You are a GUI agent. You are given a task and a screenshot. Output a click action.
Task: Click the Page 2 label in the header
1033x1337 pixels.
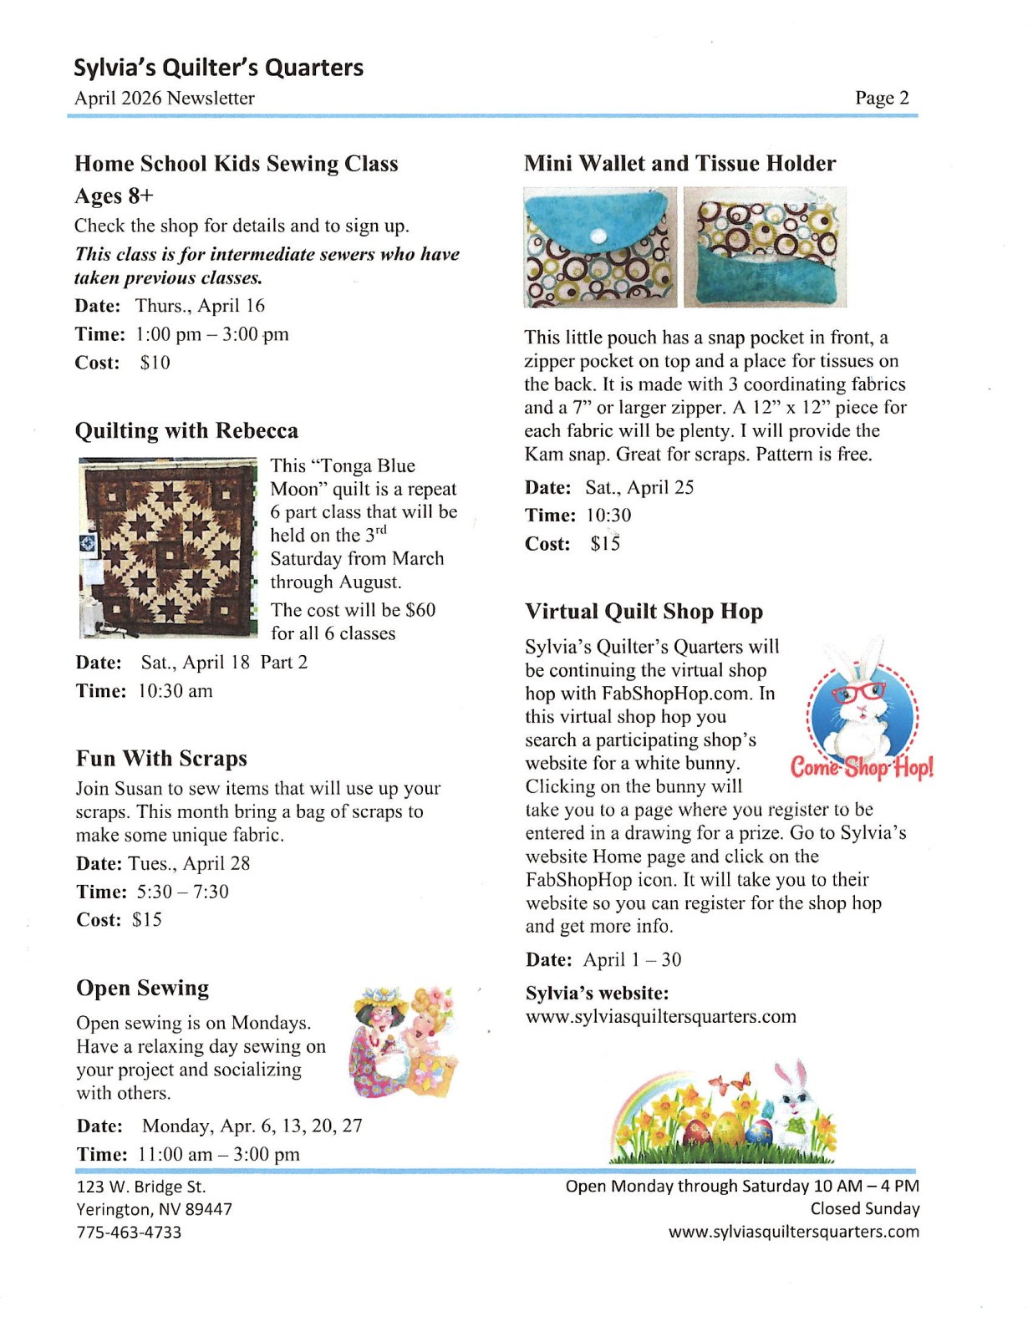(x=881, y=98)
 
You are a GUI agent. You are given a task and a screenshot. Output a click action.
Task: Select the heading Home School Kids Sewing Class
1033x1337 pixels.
(x=236, y=164)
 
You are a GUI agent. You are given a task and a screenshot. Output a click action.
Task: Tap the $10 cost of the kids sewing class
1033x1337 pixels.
(x=155, y=363)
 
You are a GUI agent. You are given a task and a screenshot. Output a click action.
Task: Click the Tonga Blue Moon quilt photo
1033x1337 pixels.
(x=167, y=546)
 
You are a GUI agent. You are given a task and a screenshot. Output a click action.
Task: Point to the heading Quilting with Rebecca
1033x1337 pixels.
(x=186, y=430)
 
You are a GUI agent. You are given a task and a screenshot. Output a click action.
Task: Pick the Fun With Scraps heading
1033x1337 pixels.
(x=161, y=758)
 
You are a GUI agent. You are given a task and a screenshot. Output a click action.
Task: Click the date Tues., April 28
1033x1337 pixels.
(x=189, y=863)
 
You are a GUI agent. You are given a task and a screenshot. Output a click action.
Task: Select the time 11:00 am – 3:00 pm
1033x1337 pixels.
(x=218, y=1154)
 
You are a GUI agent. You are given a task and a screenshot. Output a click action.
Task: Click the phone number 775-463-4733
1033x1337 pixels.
(x=129, y=1232)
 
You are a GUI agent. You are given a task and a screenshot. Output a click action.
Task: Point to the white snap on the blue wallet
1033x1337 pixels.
(x=597, y=237)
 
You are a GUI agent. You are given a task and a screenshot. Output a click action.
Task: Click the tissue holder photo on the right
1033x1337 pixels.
(x=765, y=247)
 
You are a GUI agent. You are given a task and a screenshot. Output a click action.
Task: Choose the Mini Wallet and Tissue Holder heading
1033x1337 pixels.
(x=679, y=164)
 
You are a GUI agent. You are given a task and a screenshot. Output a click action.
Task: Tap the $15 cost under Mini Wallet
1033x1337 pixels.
(x=605, y=544)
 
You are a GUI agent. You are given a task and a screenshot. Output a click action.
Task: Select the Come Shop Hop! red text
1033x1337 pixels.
(x=862, y=766)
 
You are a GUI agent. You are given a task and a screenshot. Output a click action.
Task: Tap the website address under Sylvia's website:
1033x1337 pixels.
(x=660, y=1017)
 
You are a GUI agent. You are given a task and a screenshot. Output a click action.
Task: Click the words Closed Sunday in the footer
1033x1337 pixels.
(x=864, y=1208)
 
